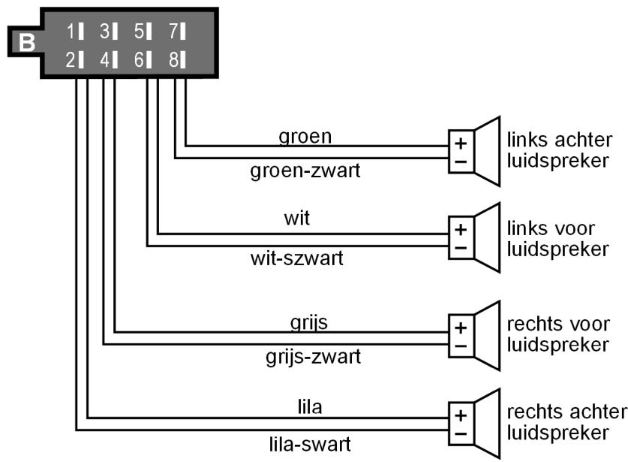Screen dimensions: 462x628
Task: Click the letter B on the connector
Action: (x=26, y=42)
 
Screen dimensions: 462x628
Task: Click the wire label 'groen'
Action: (x=305, y=136)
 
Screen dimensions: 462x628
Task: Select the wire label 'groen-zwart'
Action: (x=305, y=171)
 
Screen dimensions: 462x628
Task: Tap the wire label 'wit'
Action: (x=297, y=219)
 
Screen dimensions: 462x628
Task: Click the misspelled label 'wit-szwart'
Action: (x=297, y=259)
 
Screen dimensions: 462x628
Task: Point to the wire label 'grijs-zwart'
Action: (x=313, y=355)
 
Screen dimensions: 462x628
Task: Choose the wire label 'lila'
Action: (x=309, y=406)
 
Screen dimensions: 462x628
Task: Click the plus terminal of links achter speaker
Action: (x=460, y=142)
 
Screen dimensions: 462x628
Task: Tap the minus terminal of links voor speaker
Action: (x=460, y=246)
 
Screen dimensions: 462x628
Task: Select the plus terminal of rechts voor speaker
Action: (x=460, y=328)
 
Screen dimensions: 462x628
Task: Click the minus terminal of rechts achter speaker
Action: (x=460, y=433)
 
